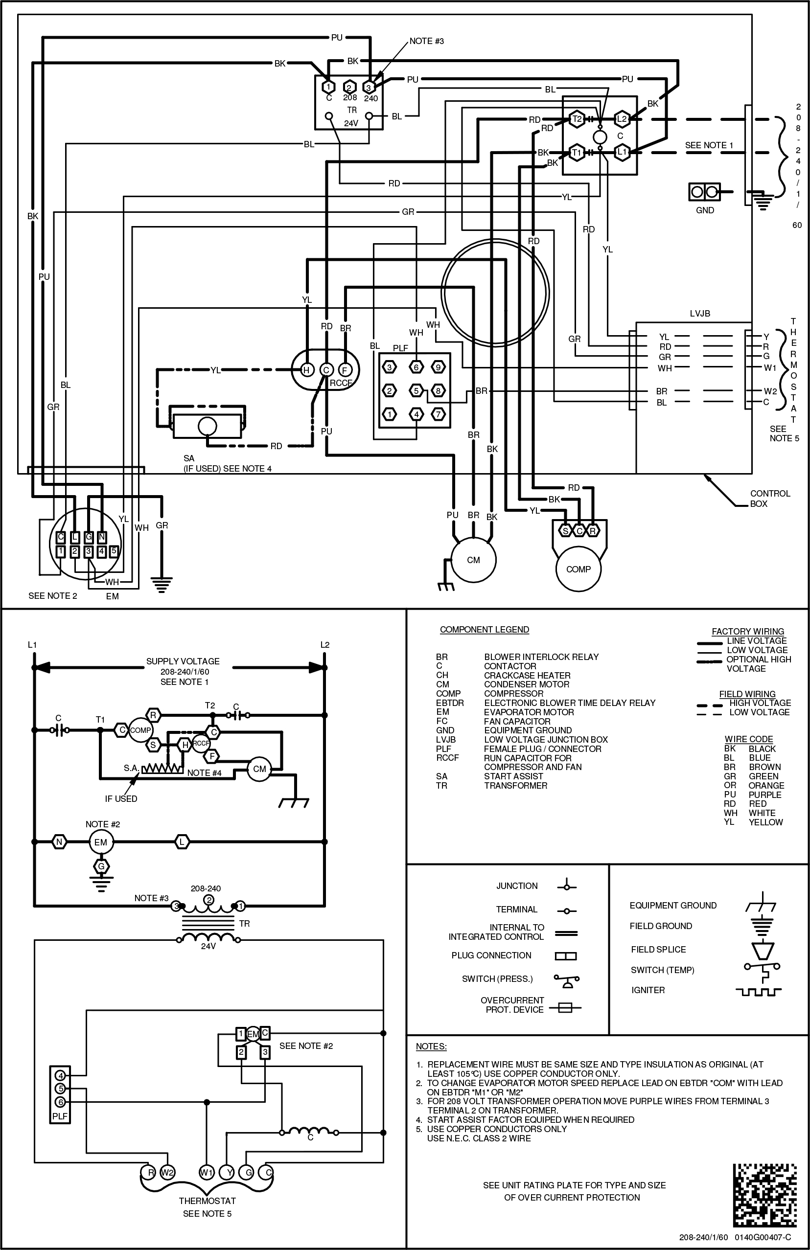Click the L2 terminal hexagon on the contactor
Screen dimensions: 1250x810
coord(622,119)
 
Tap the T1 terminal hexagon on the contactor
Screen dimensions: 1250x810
coord(577,152)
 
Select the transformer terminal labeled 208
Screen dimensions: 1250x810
coord(349,88)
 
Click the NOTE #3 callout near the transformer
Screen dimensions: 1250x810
coord(427,41)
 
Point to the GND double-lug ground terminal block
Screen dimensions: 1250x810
coord(704,192)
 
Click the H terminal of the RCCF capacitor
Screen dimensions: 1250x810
coord(307,370)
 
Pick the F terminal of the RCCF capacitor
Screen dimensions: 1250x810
coord(345,370)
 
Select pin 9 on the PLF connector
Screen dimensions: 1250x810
coord(438,367)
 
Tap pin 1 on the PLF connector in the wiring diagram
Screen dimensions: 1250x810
coord(389,414)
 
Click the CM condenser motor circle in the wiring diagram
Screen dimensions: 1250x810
coord(473,560)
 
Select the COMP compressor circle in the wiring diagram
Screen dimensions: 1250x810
coord(578,569)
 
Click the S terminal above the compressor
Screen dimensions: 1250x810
coord(565,531)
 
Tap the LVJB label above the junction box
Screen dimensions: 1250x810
coord(700,314)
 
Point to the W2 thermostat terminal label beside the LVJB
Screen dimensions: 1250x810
coord(770,391)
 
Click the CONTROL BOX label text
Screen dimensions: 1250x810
coord(769,499)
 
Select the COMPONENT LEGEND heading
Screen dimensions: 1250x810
coord(485,630)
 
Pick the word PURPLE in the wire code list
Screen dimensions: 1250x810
coord(765,795)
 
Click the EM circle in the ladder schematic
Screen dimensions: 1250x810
coord(100,842)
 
